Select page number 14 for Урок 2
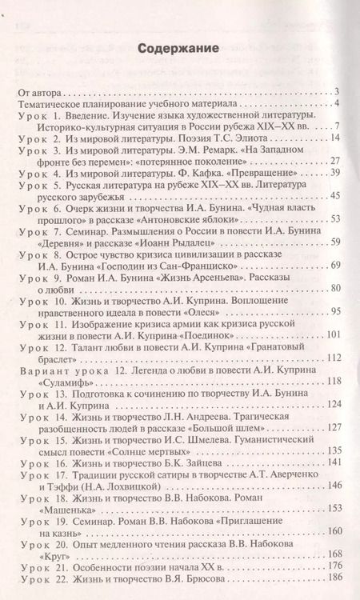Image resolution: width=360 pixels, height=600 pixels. point(336,138)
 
